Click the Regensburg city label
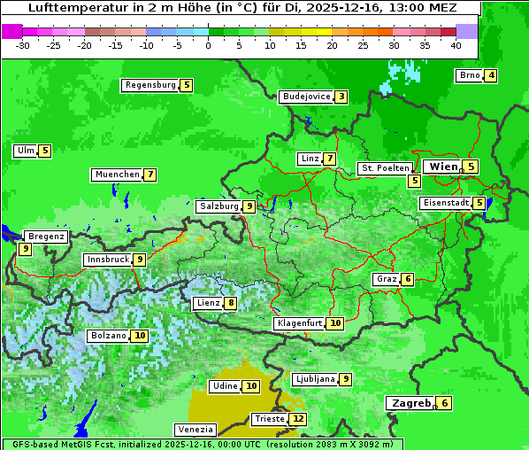click(x=149, y=85)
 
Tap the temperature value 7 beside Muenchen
click(x=151, y=175)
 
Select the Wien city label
click(x=442, y=167)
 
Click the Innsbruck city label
click(x=106, y=260)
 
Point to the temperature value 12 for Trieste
click(x=298, y=419)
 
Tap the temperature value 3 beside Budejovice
click(x=341, y=97)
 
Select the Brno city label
click(x=469, y=75)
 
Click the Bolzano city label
click(x=108, y=337)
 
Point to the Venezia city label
click(x=194, y=429)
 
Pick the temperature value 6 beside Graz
click(x=407, y=279)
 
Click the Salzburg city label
click(x=218, y=206)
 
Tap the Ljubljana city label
click(x=314, y=379)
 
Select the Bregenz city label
click(x=46, y=237)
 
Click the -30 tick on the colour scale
click(x=23, y=44)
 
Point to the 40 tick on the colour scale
click(x=456, y=44)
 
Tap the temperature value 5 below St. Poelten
click(x=414, y=181)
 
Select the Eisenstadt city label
click(x=445, y=203)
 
